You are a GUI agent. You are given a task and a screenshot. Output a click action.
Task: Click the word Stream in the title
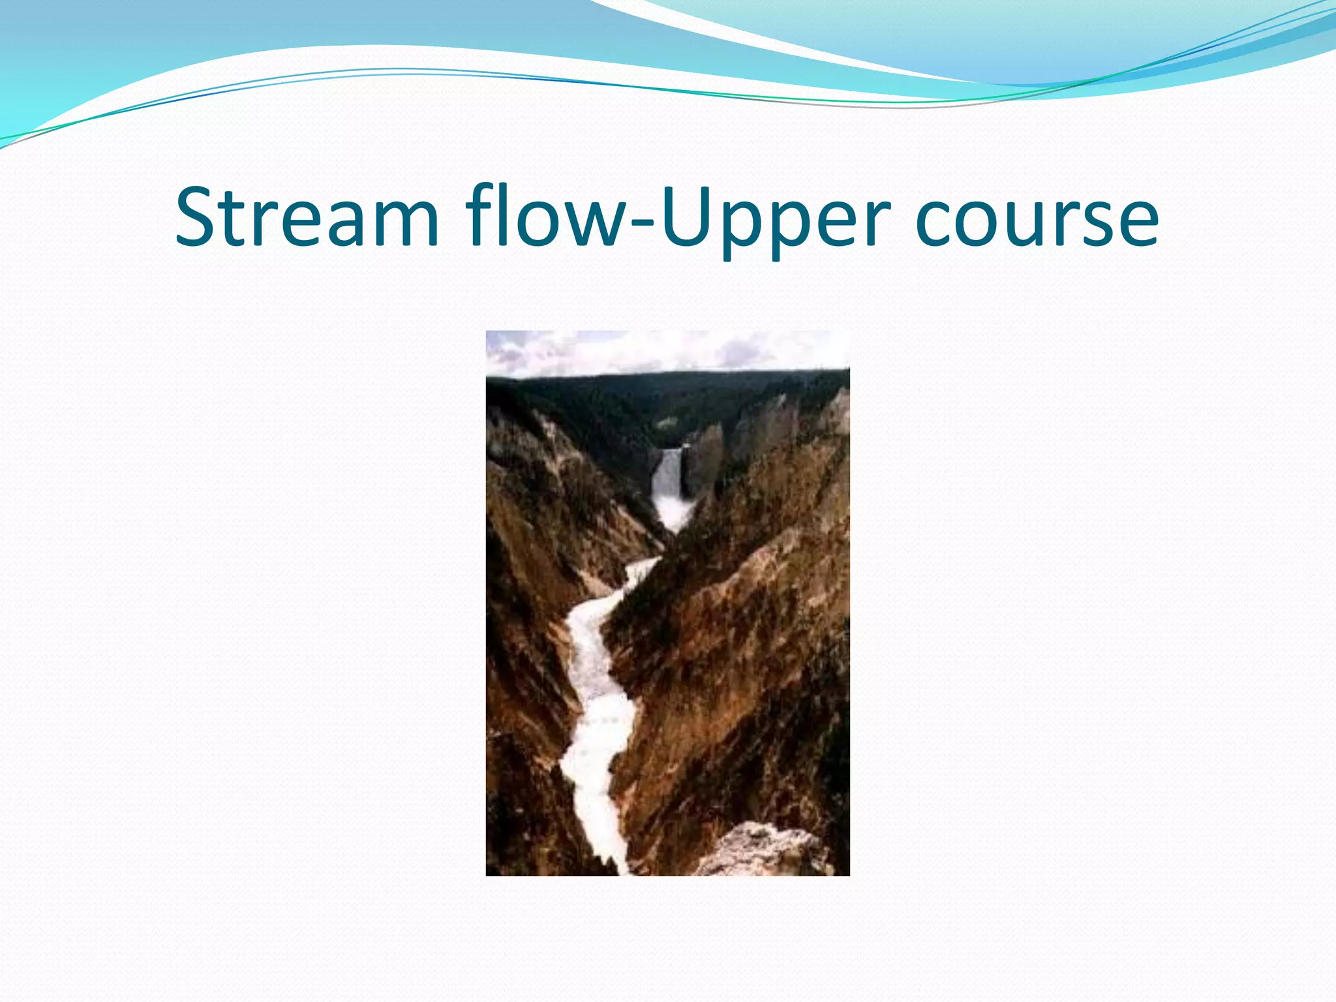pyautogui.click(x=307, y=217)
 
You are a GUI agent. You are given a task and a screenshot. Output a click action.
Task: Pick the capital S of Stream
pyautogui.click(x=196, y=217)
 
